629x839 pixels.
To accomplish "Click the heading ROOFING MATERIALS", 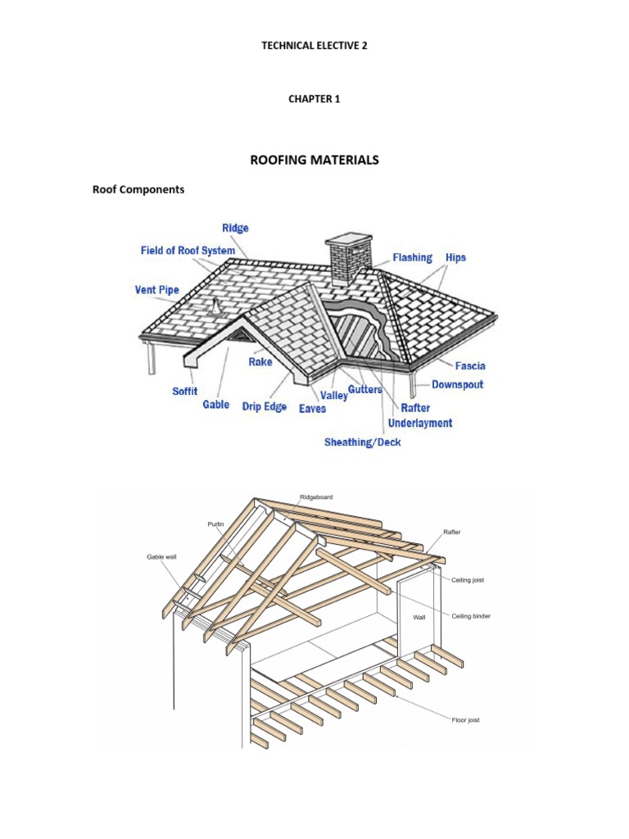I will [314, 160].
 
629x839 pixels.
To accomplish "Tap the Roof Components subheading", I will [138, 189].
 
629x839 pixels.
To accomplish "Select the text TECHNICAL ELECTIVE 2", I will [314, 46].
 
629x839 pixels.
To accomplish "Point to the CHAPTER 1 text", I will [314, 99].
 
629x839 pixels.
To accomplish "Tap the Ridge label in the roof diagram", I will [235, 228].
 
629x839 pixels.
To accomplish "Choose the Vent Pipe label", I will [156, 289].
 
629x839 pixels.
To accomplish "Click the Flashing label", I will [412, 257].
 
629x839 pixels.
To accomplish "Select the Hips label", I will [455, 257].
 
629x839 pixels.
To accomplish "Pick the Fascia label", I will [470, 365].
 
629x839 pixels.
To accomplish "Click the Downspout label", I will [458, 384].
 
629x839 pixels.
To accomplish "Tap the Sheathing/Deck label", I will [363, 442].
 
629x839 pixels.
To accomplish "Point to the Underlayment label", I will [420, 423].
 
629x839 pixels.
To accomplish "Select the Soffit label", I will [184, 392].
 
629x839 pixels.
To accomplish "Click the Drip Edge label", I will [265, 406].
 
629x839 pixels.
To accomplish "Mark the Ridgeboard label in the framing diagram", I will [316, 497].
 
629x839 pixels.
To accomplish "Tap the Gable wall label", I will [161, 556].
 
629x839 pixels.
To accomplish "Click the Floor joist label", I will [465, 720].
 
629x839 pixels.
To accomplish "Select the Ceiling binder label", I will [471, 615].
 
